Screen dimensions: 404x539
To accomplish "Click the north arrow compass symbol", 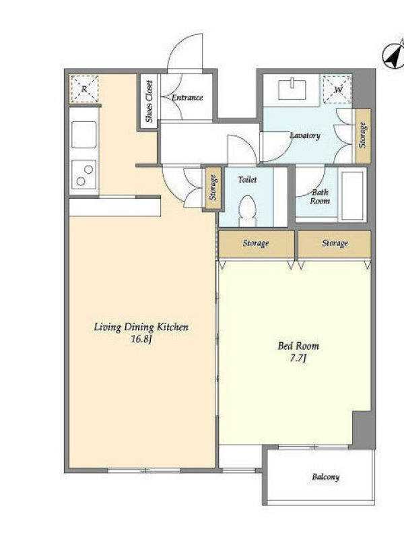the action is pyautogui.click(x=394, y=55).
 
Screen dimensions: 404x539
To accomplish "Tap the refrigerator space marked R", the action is pyautogui.click(x=84, y=89).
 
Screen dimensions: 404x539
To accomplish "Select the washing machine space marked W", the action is pyautogui.click(x=338, y=90).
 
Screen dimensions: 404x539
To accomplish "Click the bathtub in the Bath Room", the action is pyautogui.click(x=352, y=195).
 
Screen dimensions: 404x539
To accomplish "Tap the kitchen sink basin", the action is pyautogui.click(x=83, y=134).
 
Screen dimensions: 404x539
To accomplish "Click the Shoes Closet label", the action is pyautogui.click(x=149, y=102).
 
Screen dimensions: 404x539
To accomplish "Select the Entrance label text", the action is pyautogui.click(x=187, y=98).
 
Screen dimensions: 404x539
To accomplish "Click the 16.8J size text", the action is pyautogui.click(x=141, y=340).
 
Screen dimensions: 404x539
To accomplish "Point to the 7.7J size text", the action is pyautogui.click(x=298, y=358).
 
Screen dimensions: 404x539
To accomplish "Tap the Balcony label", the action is pyautogui.click(x=326, y=477).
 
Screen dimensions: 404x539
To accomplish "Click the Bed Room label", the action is pyautogui.click(x=298, y=346).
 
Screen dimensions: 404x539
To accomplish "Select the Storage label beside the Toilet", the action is pyautogui.click(x=213, y=188).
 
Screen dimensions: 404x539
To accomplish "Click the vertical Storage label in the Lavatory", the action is pyautogui.click(x=362, y=135).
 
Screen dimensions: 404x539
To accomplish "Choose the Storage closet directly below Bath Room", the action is pyautogui.click(x=334, y=244).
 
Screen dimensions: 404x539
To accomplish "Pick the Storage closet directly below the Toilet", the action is pyautogui.click(x=257, y=244).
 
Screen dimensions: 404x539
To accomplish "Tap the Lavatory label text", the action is pyautogui.click(x=305, y=135).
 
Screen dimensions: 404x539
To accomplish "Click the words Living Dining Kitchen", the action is pyautogui.click(x=141, y=327).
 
